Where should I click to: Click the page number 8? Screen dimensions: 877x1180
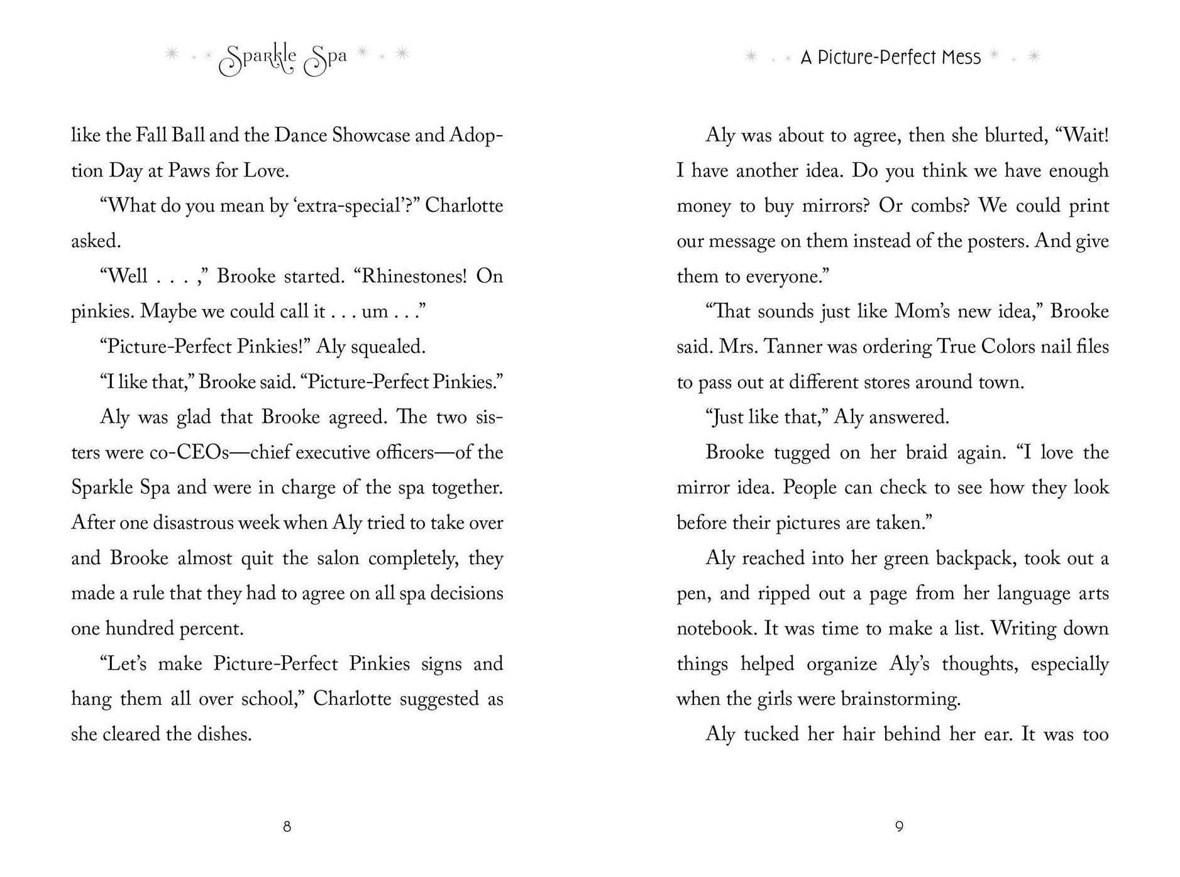tap(287, 827)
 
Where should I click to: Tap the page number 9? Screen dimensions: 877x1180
tap(899, 827)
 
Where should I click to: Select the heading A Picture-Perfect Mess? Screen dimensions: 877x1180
tap(890, 58)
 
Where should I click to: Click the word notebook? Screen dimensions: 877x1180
tap(714, 629)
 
